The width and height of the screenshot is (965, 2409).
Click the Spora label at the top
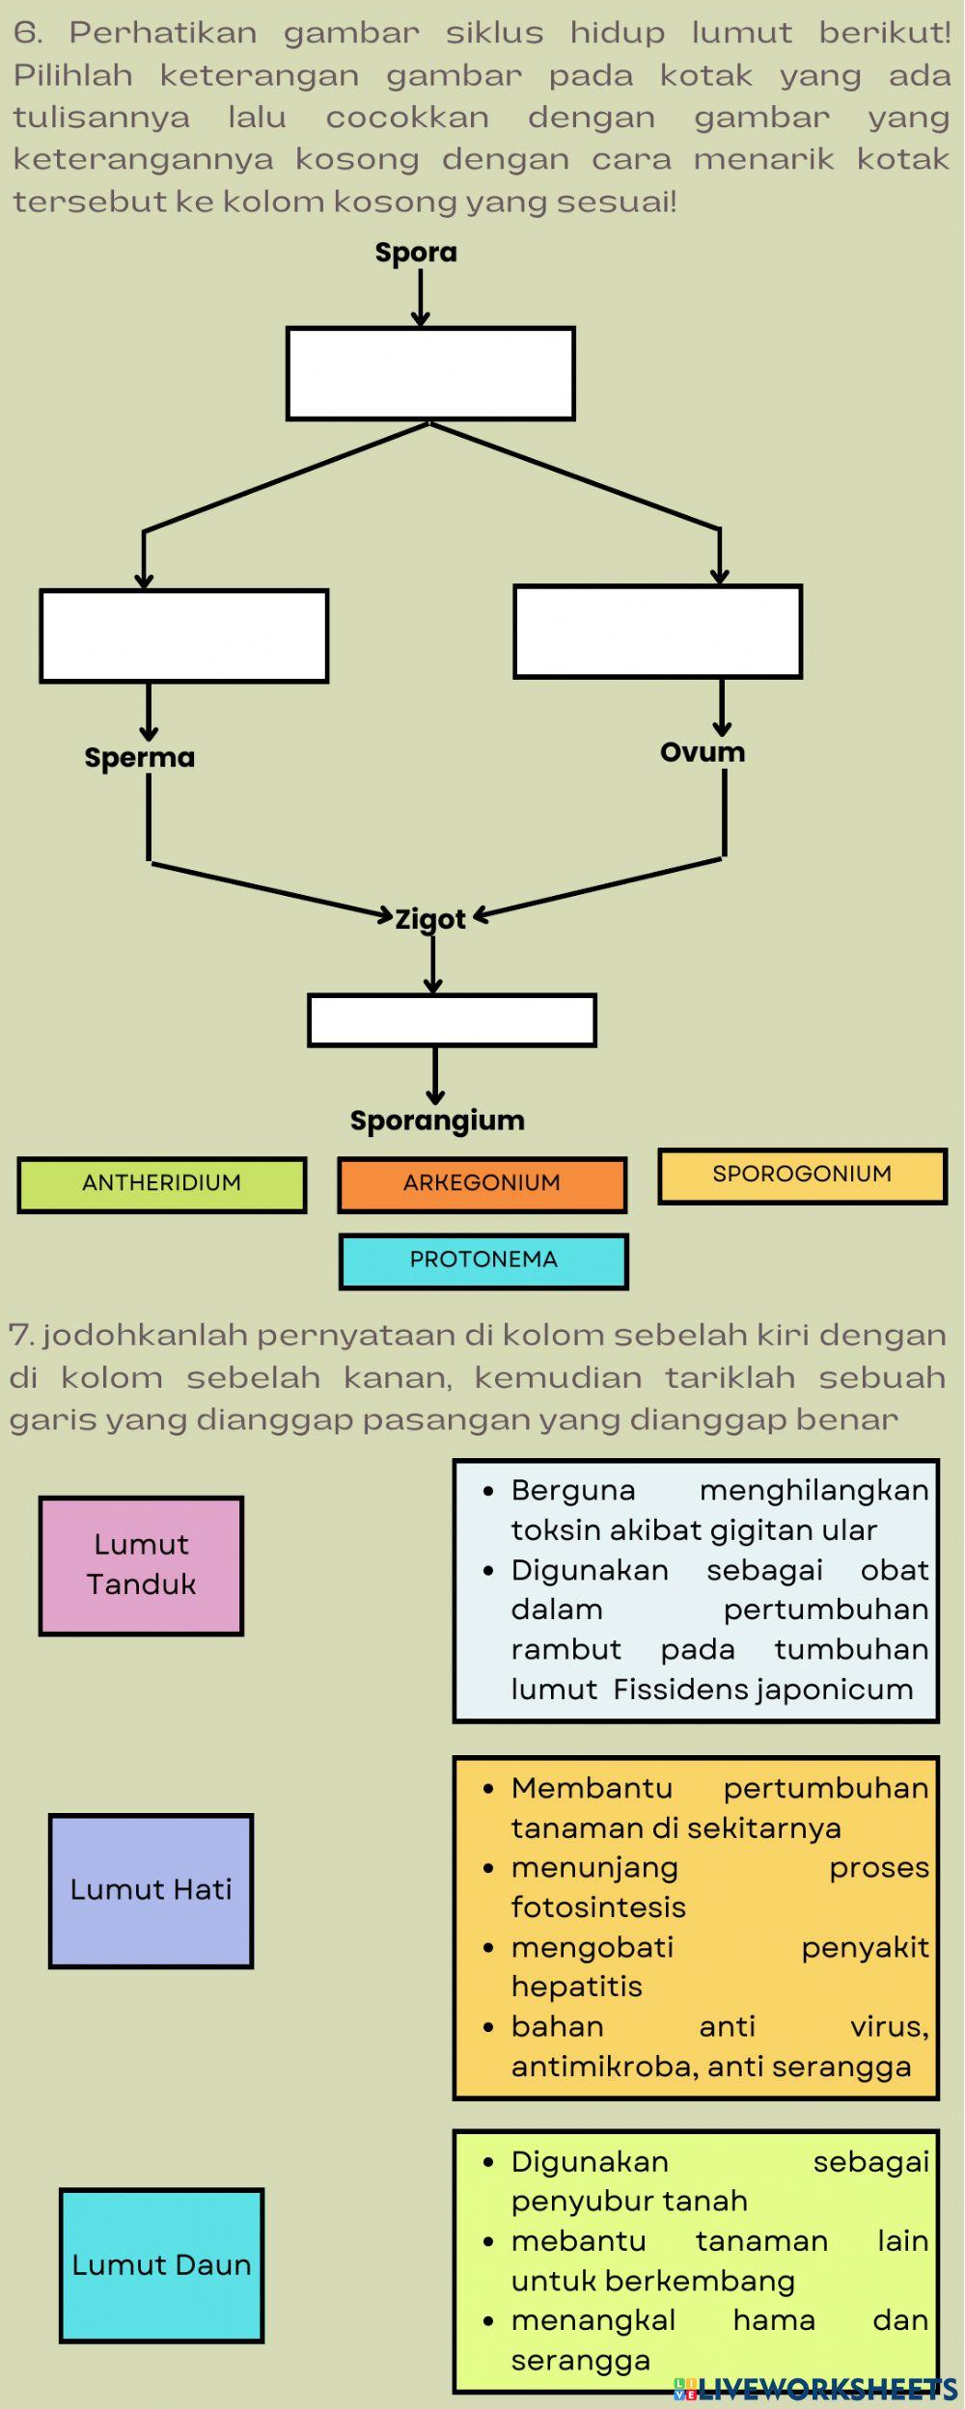(416, 253)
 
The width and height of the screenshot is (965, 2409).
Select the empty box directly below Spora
(430, 373)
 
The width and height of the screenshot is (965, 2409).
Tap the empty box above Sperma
(184, 636)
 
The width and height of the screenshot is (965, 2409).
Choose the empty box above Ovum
(657, 632)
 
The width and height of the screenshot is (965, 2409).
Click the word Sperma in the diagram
(140, 757)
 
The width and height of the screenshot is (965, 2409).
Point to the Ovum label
(703, 752)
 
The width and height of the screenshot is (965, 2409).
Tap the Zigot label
(430, 919)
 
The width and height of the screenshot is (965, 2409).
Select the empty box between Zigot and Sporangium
(452, 1020)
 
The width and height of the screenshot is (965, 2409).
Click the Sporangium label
(437, 1121)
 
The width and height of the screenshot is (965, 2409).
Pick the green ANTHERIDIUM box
(162, 1184)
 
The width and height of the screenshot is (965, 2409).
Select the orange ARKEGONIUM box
(482, 1184)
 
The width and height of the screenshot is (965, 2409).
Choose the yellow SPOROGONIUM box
(802, 1176)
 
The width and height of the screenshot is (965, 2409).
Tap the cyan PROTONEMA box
(483, 1260)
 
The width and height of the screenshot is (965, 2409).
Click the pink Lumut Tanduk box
(141, 1565)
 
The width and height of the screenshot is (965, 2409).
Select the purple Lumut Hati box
(152, 1890)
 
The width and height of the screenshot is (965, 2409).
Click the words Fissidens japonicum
(762, 1690)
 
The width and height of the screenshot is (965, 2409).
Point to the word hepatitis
(577, 1987)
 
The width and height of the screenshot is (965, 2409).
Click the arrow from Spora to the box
(421, 297)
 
